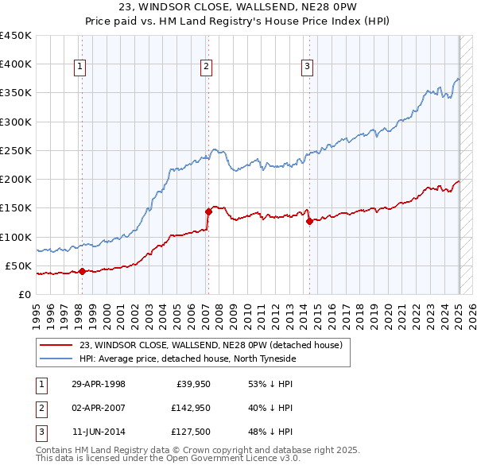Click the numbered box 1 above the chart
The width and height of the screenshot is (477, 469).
81,67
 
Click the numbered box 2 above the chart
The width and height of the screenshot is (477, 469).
206,67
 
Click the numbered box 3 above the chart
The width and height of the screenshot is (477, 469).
307,67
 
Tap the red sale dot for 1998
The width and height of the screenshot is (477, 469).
82,271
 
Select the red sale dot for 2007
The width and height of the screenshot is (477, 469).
208,211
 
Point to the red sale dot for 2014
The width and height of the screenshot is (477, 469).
309,221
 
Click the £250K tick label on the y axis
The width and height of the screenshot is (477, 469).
15,150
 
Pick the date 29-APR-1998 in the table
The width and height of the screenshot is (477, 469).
99,385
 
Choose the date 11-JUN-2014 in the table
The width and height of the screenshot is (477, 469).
99,432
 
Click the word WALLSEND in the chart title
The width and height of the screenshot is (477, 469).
262,9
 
